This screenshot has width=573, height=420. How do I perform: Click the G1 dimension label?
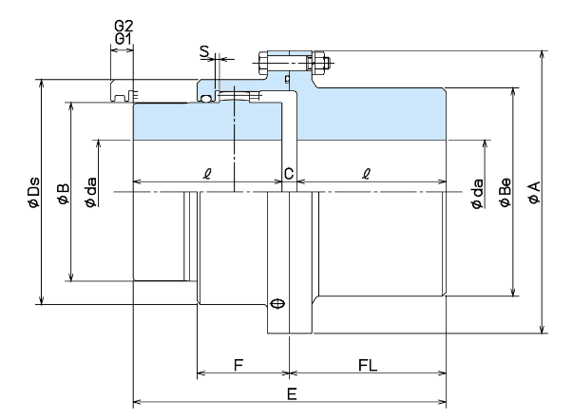point(124,39)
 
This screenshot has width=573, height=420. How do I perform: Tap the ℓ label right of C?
point(367,173)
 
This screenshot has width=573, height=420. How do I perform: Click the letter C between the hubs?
point(289,174)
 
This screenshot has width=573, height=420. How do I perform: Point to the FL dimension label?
point(363,365)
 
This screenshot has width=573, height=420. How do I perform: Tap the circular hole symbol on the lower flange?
point(277,304)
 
